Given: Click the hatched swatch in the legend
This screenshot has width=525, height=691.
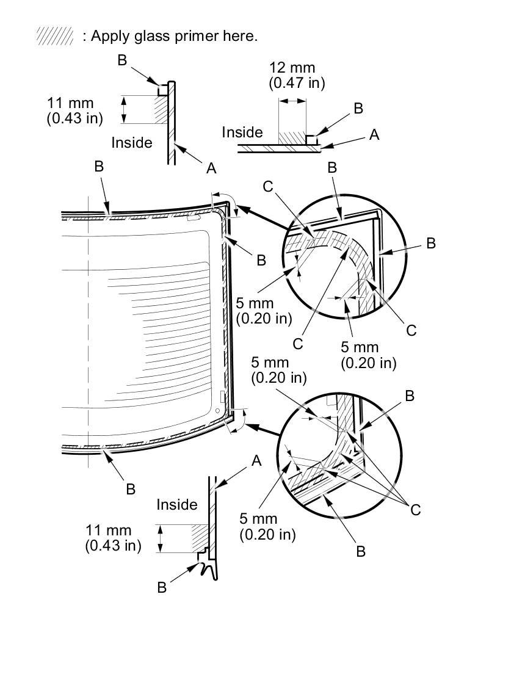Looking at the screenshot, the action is point(55,35).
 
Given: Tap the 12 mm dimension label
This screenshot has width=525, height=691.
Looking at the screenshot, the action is point(292,67).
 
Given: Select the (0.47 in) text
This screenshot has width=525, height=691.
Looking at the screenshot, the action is point(297,83).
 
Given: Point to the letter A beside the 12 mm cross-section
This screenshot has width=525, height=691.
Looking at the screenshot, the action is point(374,134).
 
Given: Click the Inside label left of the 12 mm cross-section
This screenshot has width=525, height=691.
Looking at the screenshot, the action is point(242,132).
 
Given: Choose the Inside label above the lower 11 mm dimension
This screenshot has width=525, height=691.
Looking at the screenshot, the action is point(177,504).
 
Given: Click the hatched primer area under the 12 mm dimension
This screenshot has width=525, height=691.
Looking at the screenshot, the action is point(292,137).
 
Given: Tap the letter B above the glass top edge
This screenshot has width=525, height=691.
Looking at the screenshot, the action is point(99,166).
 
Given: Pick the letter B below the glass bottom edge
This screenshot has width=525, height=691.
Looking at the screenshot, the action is point(131,489).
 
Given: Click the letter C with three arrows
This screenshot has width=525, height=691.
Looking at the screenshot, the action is point(415,510).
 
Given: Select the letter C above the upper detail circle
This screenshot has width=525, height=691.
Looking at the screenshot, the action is point(268,186).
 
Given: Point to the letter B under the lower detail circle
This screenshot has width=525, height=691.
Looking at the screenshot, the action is point(361,551).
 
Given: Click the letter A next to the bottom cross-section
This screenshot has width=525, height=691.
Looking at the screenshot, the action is point(256,461).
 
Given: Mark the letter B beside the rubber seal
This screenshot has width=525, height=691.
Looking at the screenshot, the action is point(162,587).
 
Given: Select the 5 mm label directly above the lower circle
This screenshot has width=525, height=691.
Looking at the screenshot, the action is point(270,362).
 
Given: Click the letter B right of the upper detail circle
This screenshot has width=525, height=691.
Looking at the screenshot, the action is point(430,244).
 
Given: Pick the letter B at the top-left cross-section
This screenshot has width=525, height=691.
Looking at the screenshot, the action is point(122,60).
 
